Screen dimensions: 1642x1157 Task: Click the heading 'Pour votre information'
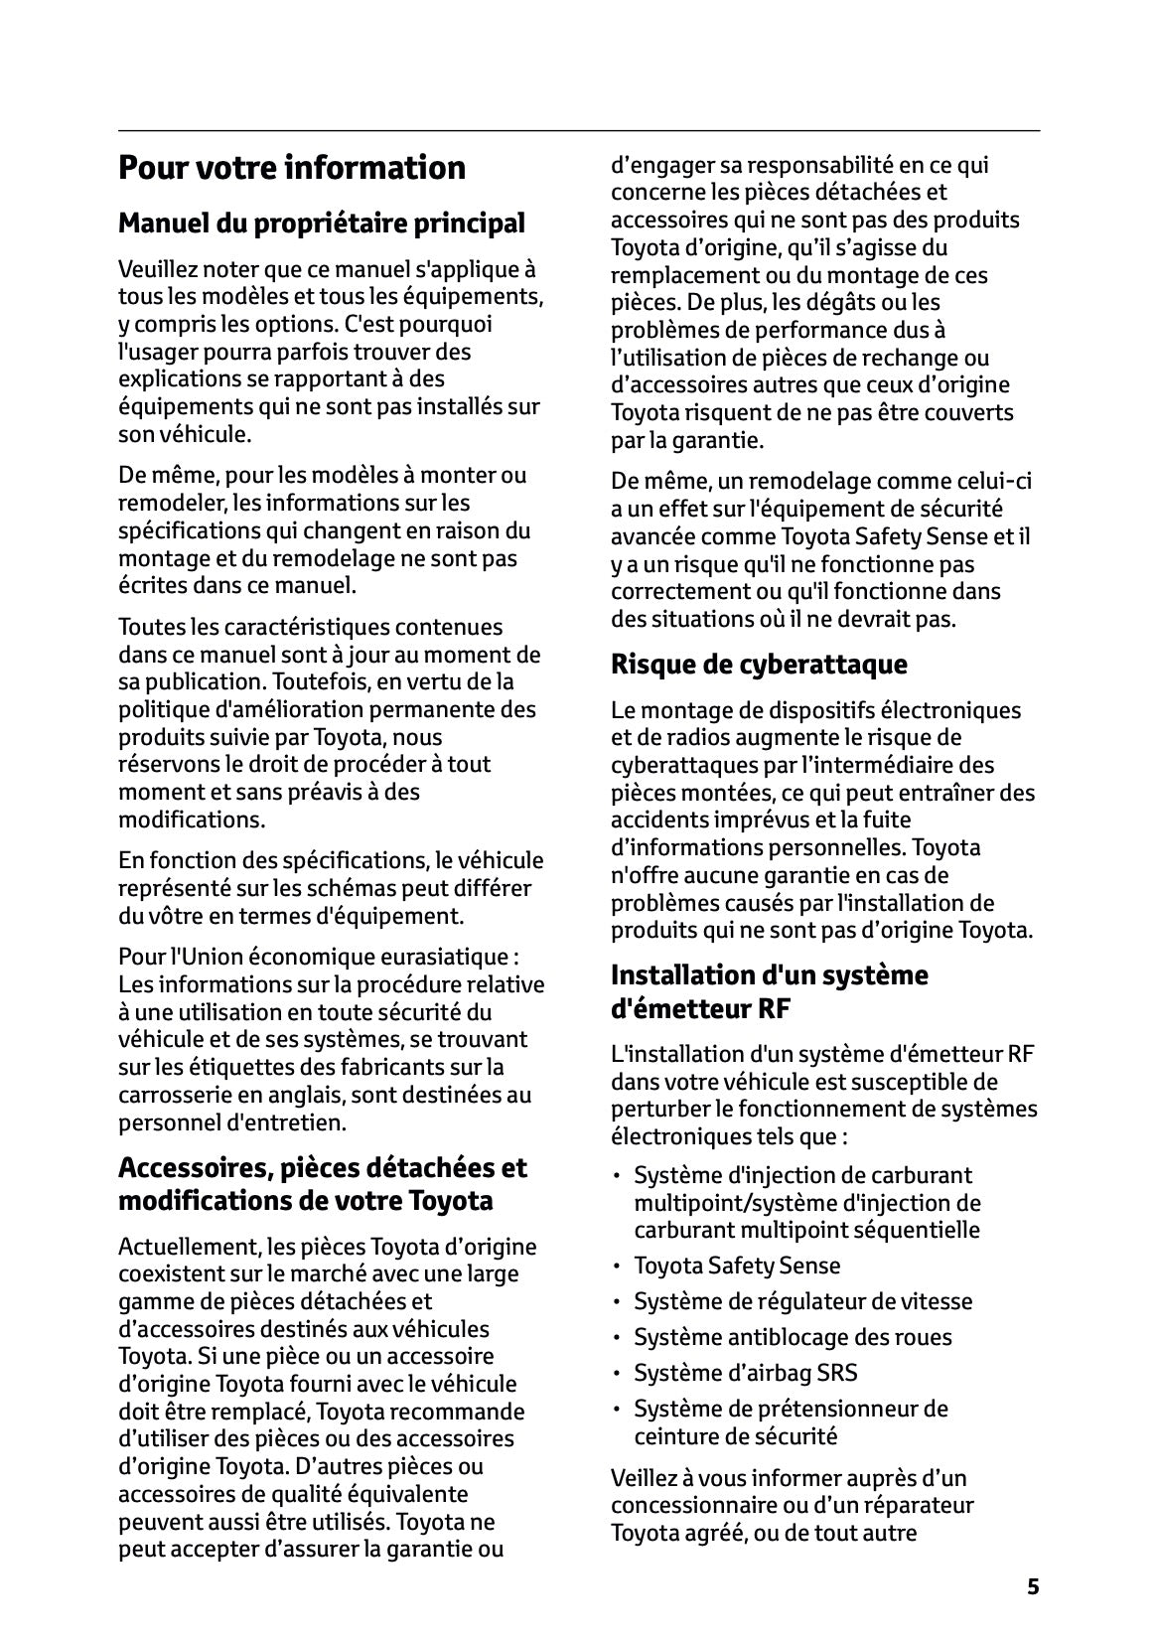pyautogui.click(x=291, y=168)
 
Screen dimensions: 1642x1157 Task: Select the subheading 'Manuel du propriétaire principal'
pyautogui.click(x=321, y=224)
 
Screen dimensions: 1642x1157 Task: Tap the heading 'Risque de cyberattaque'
pyautogui.click(x=759, y=664)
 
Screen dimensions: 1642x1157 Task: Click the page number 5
pyautogui.click(x=1033, y=1586)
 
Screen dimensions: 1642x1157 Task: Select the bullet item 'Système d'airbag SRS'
pyautogui.click(x=745, y=1373)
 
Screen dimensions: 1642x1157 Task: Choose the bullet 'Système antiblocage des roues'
pyautogui.click(x=793, y=1337)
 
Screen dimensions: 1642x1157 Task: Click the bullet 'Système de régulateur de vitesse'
pyautogui.click(x=802, y=1301)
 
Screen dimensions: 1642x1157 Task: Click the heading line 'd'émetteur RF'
pyautogui.click(x=701, y=1009)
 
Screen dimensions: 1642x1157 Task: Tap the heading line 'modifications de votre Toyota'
pyautogui.click(x=305, y=1201)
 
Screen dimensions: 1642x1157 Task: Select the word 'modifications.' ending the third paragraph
pyautogui.click(x=192, y=820)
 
